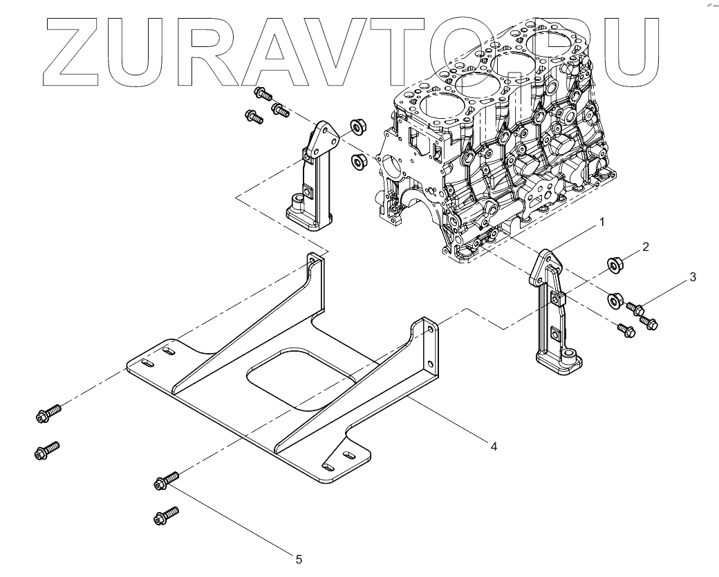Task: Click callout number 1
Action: (601, 222)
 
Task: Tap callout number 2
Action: (644, 247)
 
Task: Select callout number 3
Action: (692, 277)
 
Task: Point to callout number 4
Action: (494, 446)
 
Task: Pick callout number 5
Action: (299, 558)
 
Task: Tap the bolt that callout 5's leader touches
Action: (167, 480)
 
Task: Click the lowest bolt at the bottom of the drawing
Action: (167, 515)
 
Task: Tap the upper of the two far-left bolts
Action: (48, 413)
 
